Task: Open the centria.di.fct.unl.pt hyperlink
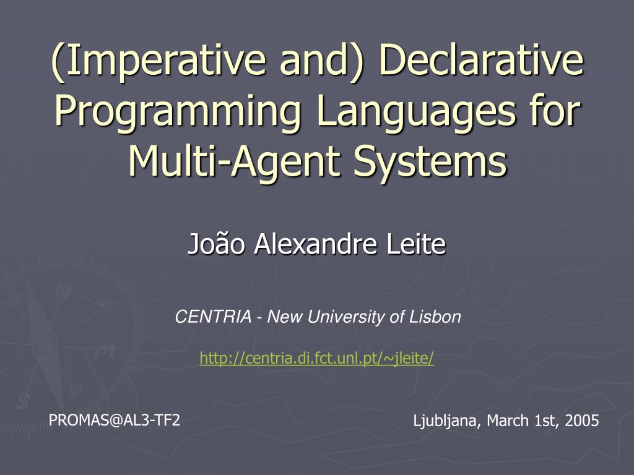coord(317,357)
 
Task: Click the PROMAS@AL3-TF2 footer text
coord(115,421)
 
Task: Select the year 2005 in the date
coord(582,422)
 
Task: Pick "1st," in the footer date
coord(546,422)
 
